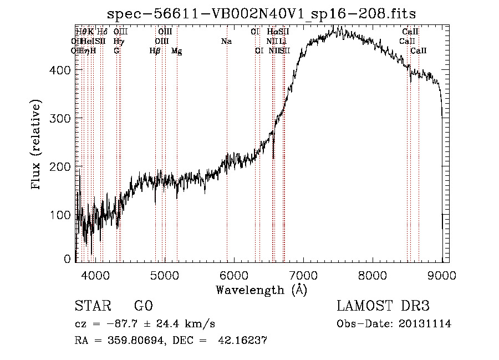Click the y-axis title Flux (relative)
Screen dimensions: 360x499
coord(37,145)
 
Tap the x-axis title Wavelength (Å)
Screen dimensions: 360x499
coord(261,290)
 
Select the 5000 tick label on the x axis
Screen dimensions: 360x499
coord(164,275)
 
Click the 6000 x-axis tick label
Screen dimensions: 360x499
coord(234,275)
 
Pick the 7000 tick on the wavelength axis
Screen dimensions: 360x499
coord(303,275)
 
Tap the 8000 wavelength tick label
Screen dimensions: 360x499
coord(373,275)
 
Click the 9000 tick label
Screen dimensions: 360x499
coord(442,275)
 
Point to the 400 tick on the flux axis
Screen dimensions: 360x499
coord(62,70)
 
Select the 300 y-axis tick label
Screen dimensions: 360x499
coord(62,118)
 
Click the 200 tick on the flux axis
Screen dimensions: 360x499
coord(62,166)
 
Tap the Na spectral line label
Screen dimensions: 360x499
coord(226,41)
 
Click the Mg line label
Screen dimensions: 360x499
coord(176,51)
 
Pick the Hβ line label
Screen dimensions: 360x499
coord(155,50)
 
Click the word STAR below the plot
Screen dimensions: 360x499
coord(92,307)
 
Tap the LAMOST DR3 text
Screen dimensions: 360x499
coord(383,307)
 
